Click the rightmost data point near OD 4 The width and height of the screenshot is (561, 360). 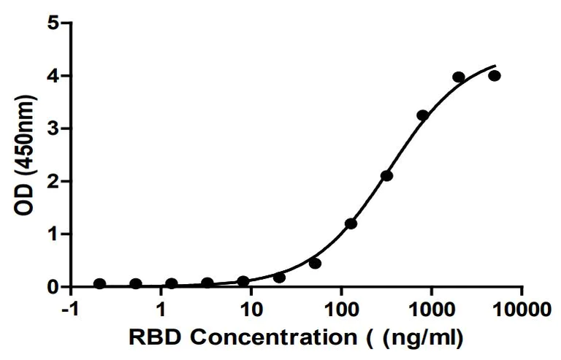495,75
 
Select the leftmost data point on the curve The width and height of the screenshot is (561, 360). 99,283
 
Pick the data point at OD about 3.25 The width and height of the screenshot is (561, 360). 422,115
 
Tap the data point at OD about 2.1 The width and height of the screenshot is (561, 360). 386,175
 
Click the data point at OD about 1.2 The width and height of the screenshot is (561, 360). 351,223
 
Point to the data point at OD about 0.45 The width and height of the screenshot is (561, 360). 315,263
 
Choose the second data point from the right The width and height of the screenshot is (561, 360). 459,77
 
